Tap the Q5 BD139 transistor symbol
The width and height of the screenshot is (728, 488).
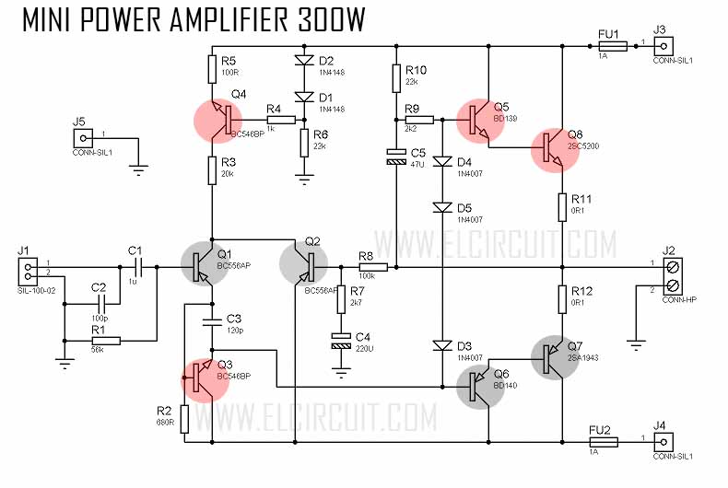click(x=481, y=121)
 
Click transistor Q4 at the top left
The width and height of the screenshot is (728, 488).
click(x=219, y=121)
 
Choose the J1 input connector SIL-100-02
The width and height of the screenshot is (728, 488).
click(x=29, y=270)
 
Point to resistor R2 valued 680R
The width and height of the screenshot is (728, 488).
click(x=185, y=419)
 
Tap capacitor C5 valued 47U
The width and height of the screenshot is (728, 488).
click(x=395, y=157)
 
